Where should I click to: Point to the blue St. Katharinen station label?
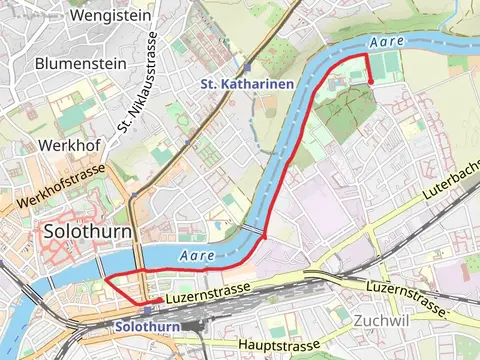click(246, 84)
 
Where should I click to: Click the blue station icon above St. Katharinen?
click(247, 66)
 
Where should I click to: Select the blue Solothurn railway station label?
click(147, 327)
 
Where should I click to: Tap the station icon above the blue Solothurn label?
click(148, 310)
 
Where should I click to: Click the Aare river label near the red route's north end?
click(385, 42)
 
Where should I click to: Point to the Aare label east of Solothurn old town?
click(196, 257)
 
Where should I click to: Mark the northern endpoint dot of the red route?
click(370, 82)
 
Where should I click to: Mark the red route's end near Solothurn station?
click(160, 299)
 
